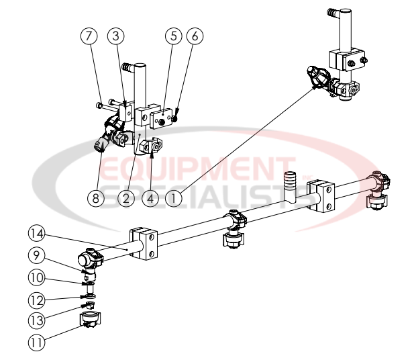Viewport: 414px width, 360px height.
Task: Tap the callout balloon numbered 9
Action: point(36,255)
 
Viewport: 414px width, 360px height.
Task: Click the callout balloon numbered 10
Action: point(36,277)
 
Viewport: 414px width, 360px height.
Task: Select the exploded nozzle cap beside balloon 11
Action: point(89,320)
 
